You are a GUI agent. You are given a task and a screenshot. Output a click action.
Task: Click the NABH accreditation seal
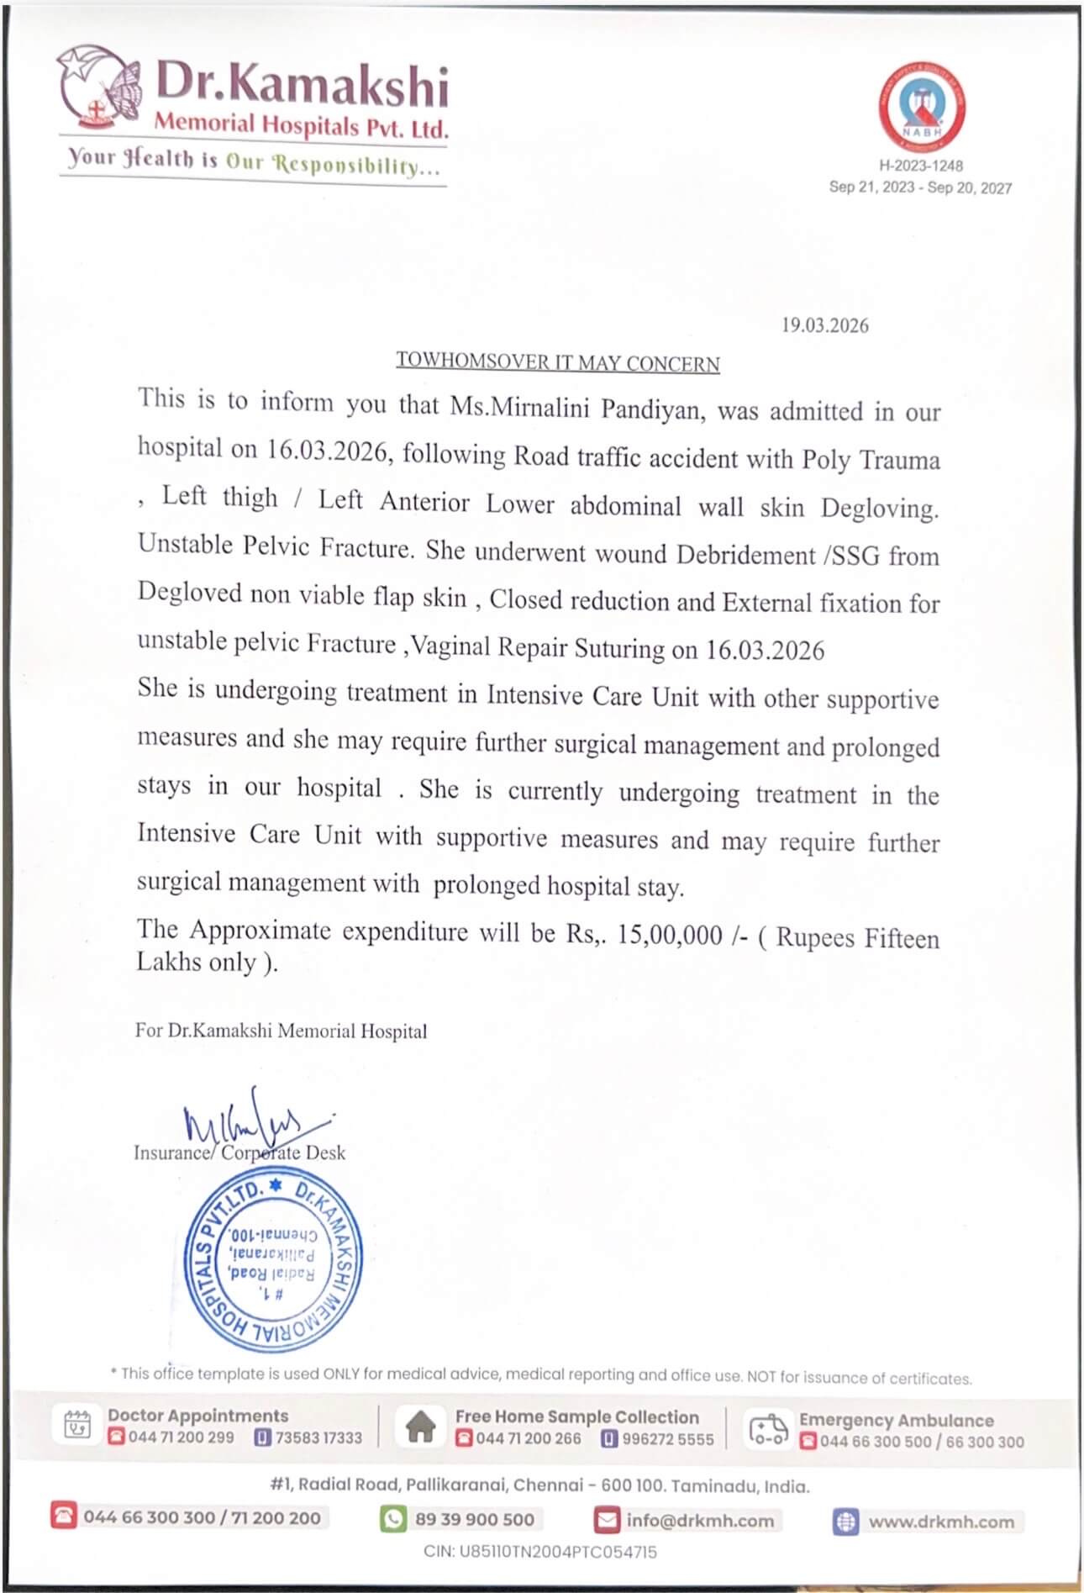click(x=921, y=108)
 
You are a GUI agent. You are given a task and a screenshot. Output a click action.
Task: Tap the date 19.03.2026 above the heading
click(x=824, y=325)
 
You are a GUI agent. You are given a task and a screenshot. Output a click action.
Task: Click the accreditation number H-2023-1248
click(x=921, y=166)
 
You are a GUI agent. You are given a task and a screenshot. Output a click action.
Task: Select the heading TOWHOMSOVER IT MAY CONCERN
click(x=558, y=362)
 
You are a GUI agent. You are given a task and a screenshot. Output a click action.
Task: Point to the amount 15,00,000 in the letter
click(x=670, y=935)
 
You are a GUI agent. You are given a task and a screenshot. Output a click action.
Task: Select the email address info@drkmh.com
click(x=699, y=1520)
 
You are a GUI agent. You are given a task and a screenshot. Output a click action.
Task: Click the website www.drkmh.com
click(x=940, y=1522)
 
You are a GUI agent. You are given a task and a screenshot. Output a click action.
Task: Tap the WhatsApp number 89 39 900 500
click(x=474, y=1519)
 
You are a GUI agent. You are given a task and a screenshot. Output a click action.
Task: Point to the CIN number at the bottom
click(x=540, y=1552)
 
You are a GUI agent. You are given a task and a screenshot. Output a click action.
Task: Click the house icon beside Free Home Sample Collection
click(x=420, y=1427)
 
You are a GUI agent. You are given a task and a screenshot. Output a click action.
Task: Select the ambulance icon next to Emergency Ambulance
click(x=767, y=1429)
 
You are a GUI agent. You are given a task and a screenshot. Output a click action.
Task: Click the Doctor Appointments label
click(x=197, y=1416)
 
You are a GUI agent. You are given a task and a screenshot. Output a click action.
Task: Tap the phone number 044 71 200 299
click(x=181, y=1437)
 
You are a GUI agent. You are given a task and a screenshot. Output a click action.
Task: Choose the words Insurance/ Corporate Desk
click(x=239, y=1153)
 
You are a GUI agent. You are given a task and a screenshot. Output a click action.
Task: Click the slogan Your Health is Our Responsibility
click(x=253, y=160)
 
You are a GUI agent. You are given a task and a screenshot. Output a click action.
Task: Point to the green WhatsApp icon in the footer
click(x=392, y=1519)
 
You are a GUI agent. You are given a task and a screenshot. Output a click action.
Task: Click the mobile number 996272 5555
click(x=667, y=1439)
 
